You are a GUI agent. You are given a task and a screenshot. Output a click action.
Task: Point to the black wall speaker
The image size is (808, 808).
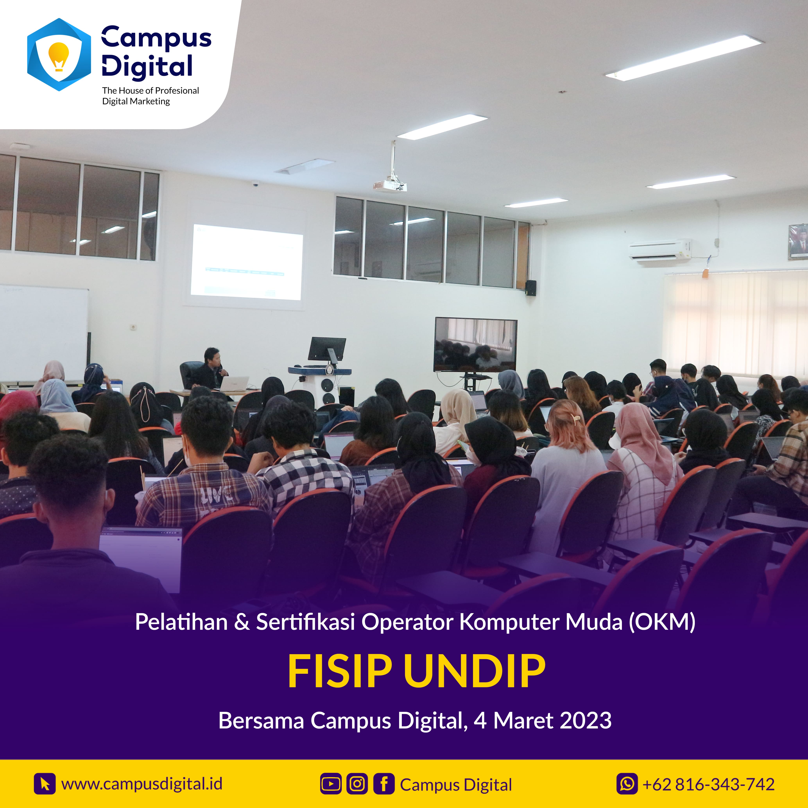[531, 288]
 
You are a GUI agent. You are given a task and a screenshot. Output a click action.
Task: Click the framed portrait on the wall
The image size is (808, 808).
[798, 242]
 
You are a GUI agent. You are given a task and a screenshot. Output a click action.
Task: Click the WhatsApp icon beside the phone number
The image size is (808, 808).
[627, 784]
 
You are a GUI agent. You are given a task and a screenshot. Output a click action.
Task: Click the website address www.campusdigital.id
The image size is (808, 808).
[142, 784]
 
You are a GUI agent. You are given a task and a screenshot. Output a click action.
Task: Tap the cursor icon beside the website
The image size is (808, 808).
[45, 784]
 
